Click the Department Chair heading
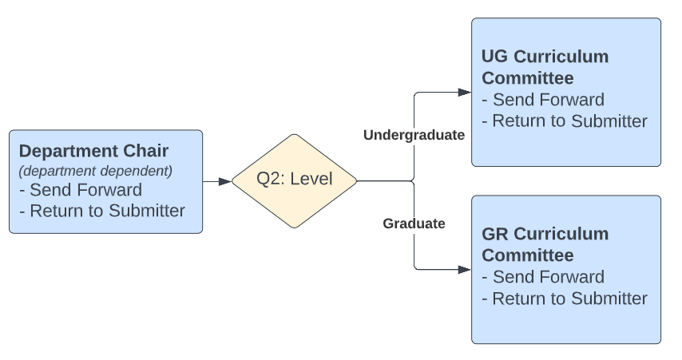coord(93,151)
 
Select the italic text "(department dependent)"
coord(96,171)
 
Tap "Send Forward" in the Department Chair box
coord(81,190)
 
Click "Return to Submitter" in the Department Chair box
coord(102,211)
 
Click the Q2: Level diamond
coord(295,181)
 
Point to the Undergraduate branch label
coord(414,135)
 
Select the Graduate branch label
coord(414,224)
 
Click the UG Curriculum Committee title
coord(545,67)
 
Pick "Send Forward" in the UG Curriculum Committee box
coord(544,100)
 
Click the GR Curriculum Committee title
coord(545,244)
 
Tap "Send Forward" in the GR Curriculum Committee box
coord(544,277)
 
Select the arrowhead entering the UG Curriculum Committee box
coord(465,92)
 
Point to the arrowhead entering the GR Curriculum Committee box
coord(465,270)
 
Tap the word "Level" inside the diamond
coord(311,180)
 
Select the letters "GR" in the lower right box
coord(495,234)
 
